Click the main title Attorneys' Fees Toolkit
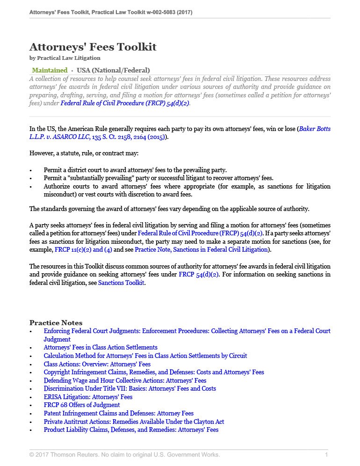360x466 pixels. pos(93,47)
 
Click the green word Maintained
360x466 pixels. pos(50,70)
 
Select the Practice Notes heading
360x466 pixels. pos(56,322)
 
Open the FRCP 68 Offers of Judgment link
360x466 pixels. pos(82,405)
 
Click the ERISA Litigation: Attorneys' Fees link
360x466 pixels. pos(88,397)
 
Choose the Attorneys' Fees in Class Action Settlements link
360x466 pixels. pos(101,347)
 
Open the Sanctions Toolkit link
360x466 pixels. pos(121,283)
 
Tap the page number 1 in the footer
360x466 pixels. pos(326,454)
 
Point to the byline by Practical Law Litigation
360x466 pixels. pos(65,58)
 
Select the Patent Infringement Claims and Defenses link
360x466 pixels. pos(118,413)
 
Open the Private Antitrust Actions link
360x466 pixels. pos(134,421)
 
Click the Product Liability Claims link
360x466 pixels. pos(131,430)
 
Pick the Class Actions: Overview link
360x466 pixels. pos(97,364)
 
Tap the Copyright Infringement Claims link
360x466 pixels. pos(154,372)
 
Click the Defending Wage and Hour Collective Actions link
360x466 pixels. pos(125,380)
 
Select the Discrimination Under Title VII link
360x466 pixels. pos(130,388)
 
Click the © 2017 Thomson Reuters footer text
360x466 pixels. pos(124,454)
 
